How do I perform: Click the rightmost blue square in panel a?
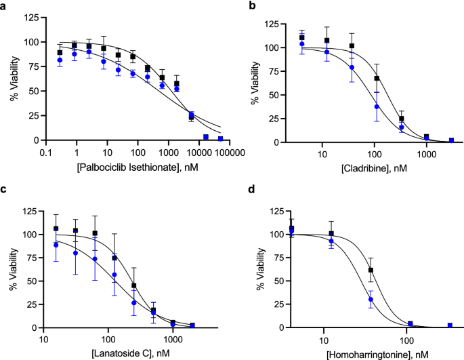pos(220,138)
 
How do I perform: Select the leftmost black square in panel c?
pos(56,228)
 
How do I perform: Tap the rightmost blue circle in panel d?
pos(450,326)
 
